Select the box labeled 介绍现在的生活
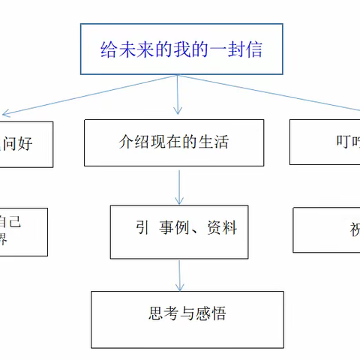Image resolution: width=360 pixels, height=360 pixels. pos(175,142)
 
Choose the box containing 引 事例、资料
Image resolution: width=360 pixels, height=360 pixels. pos(178,232)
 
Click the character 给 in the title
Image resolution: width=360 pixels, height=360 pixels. pos(109,49)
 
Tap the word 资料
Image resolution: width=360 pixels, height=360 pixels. pos(222,227)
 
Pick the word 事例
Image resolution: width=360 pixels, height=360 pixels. pos(173,227)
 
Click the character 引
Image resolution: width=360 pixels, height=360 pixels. pos(142,227)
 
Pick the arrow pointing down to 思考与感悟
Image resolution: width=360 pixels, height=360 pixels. pos(179,275)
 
